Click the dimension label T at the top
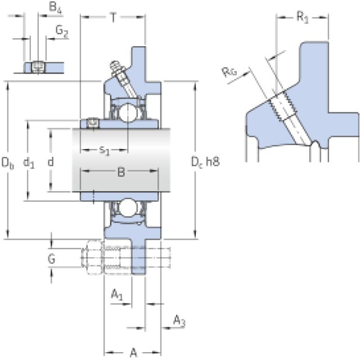[113, 17]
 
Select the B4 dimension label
[54, 8]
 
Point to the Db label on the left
[7, 163]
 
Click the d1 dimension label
[29, 163]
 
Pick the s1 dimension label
[105, 150]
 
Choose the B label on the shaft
[120, 173]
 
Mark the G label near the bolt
[51, 259]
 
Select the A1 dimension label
[116, 294]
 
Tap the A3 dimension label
[178, 321]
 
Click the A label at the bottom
[133, 353]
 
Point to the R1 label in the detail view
[302, 17]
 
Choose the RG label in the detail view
[229, 71]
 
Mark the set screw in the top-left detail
[38, 67]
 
